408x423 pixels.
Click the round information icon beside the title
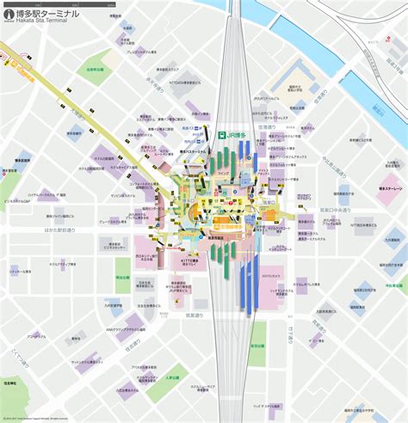coord(9,19)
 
